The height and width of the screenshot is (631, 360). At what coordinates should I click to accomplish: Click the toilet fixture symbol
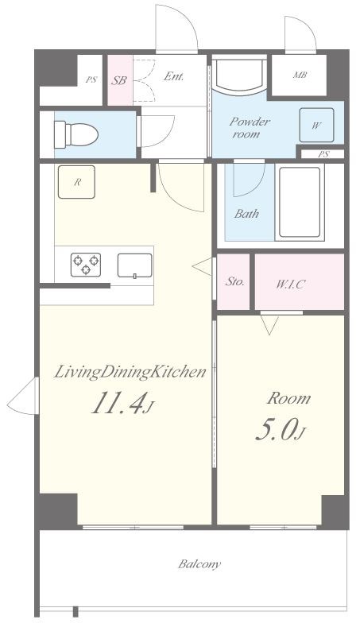[76, 134]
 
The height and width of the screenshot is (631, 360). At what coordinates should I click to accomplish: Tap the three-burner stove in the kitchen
[86, 265]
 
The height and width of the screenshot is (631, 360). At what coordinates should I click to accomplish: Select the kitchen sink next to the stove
[135, 265]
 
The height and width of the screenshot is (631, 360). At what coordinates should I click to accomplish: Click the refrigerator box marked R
[76, 182]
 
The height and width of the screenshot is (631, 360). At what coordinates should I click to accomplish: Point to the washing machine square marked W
[316, 125]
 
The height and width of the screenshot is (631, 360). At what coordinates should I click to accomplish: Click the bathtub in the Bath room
[300, 203]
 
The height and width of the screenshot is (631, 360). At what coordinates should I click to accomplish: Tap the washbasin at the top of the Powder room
[240, 75]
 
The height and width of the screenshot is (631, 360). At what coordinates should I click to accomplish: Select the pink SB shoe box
[120, 80]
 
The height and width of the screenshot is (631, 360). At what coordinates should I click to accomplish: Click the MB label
[300, 75]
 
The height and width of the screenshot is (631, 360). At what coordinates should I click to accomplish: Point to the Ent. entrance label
[174, 76]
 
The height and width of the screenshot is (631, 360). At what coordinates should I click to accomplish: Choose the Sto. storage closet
[234, 281]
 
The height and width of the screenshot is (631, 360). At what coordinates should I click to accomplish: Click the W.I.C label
[290, 285]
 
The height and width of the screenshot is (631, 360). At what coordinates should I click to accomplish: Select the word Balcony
[200, 563]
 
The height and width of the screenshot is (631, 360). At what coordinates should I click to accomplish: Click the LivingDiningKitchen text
[130, 372]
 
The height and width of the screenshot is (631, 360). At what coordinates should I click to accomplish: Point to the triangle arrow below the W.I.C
[269, 325]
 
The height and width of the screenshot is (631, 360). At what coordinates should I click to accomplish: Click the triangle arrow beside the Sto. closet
[202, 266]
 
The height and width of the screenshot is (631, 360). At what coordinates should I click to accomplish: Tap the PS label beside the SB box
[91, 79]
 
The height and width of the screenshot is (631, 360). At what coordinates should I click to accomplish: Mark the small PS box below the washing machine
[323, 154]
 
